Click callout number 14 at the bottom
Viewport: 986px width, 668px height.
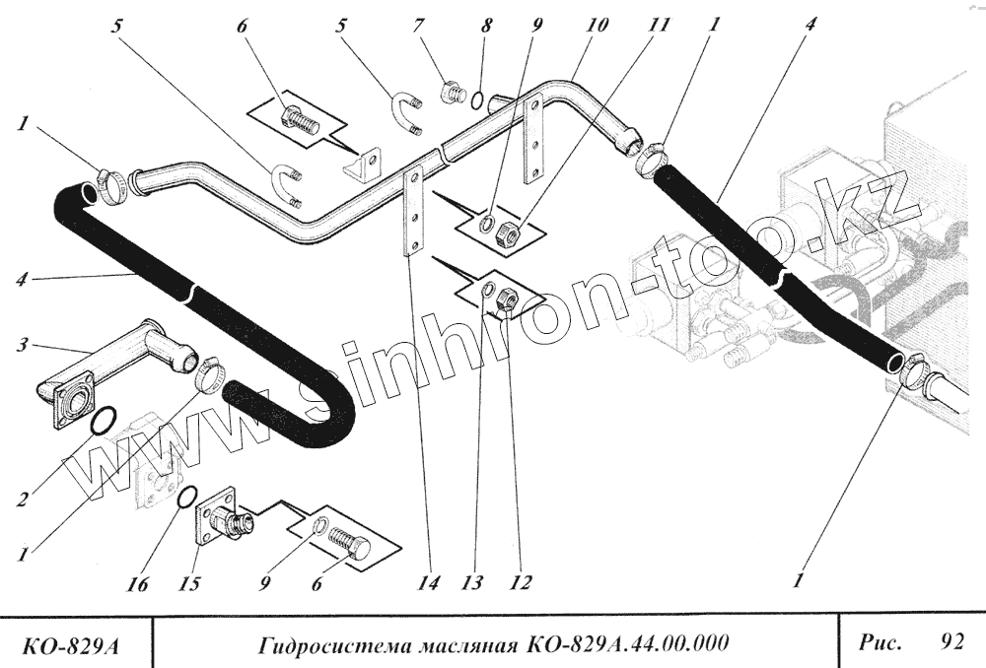pyautogui.click(x=427, y=583)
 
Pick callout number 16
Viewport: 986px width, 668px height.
pyautogui.click(x=137, y=585)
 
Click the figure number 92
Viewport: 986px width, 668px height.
pyautogui.click(x=952, y=642)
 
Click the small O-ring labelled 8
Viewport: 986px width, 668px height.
pyautogui.click(x=475, y=99)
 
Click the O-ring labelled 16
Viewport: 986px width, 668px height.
pyautogui.click(x=184, y=500)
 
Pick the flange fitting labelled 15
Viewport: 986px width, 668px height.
pyautogui.click(x=221, y=518)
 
